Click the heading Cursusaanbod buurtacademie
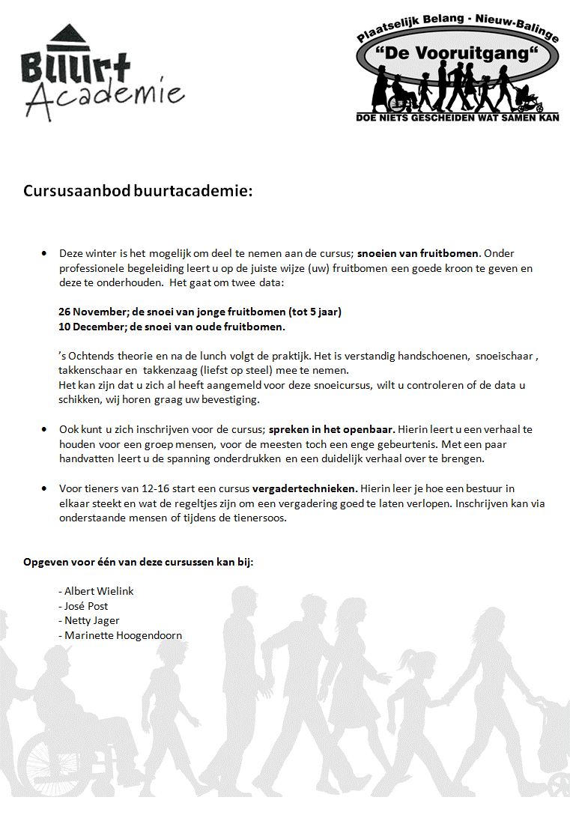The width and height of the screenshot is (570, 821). [138, 191]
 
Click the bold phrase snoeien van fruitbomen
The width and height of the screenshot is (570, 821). [417, 253]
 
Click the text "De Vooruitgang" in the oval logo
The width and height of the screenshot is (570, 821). [457, 54]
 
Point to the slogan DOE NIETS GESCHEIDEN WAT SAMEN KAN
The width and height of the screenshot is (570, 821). [458, 118]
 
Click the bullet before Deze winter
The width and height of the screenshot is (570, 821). [45, 254]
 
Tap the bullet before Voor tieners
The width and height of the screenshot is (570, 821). [45, 488]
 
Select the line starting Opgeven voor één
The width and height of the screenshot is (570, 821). [139, 562]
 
